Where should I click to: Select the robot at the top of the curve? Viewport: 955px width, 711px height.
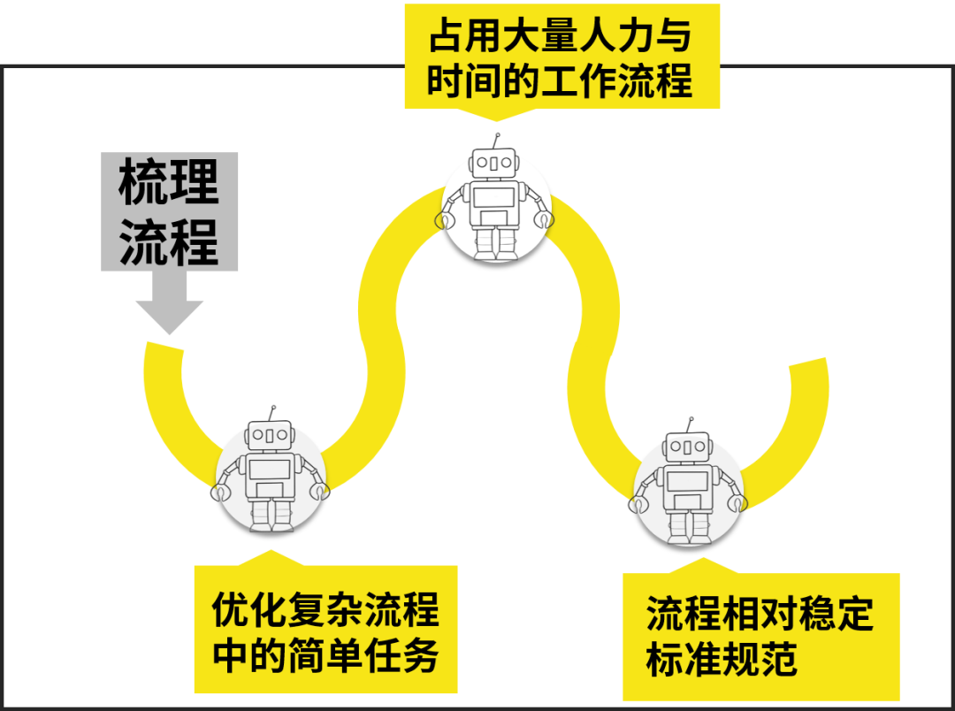(496, 205)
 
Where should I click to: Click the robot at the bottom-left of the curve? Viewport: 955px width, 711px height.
(270, 478)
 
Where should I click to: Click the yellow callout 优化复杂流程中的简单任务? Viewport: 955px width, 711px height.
(325, 631)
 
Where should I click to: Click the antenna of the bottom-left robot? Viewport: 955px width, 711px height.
(272, 413)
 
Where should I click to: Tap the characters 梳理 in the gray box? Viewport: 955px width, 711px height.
(169, 181)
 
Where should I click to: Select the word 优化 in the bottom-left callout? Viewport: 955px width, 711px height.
(241, 610)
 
